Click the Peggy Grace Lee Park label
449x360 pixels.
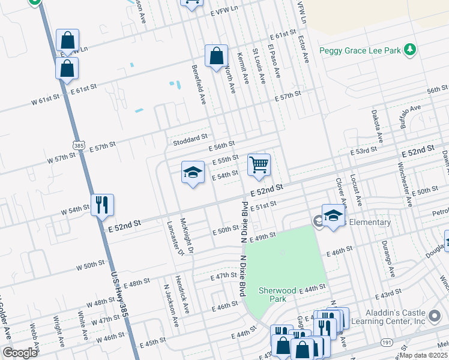[360, 51]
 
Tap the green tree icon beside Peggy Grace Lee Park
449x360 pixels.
[410, 49]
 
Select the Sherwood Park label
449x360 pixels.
[277, 294]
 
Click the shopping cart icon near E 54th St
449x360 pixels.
[259, 164]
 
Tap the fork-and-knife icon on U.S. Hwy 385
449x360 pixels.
[102, 205]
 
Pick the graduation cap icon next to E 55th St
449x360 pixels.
[193, 173]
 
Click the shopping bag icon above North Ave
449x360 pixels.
[216, 56]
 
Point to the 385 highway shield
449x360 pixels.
[79, 145]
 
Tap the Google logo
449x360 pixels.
[20, 353]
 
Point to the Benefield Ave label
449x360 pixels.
[199, 85]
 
